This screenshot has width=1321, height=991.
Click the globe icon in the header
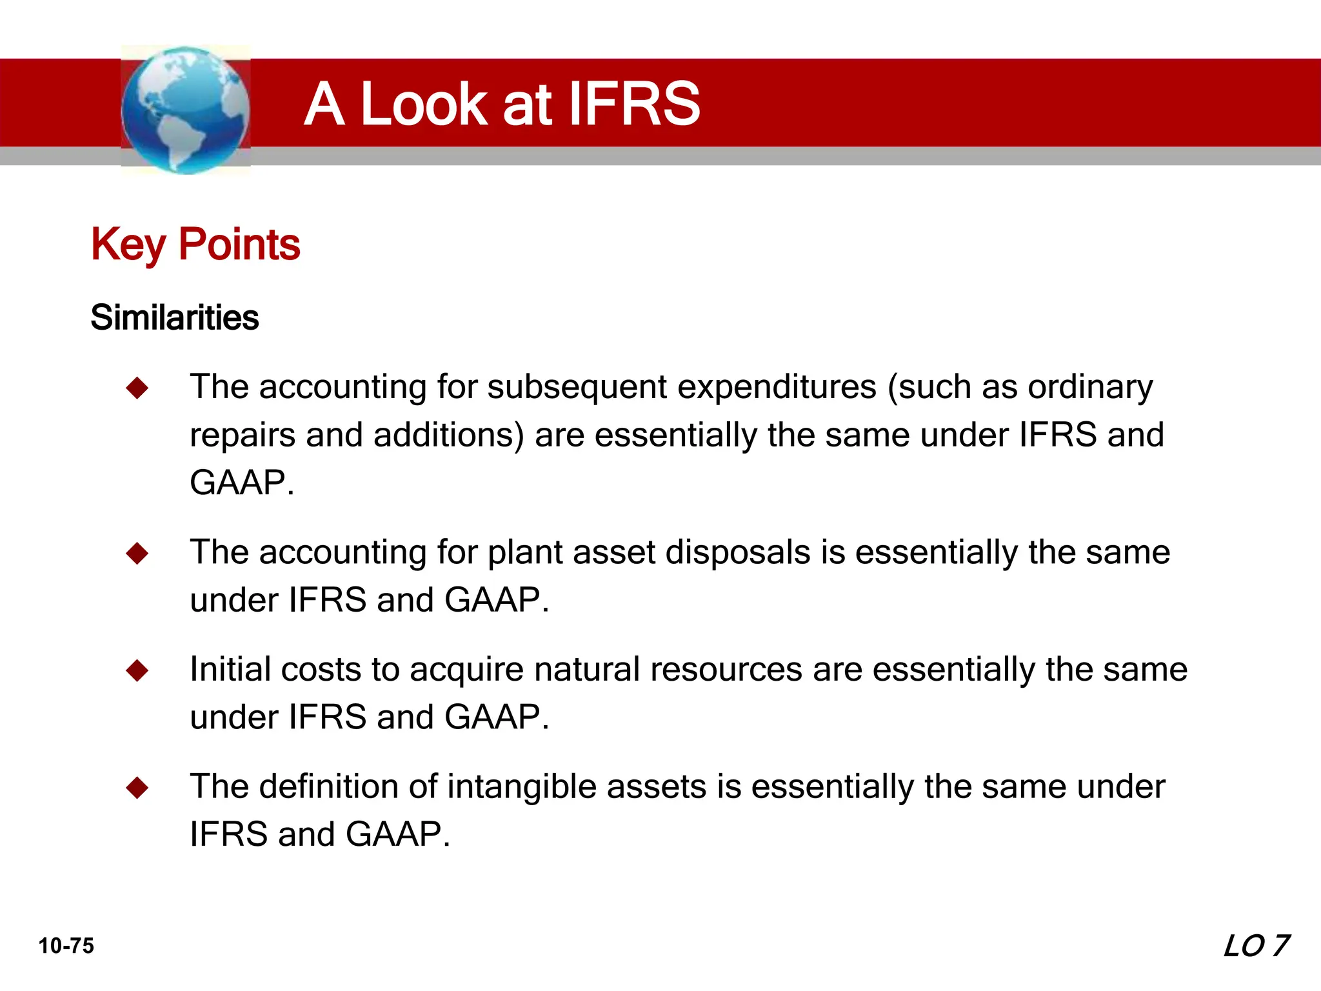click(x=185, y=110)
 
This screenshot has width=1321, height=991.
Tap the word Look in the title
click(x=423, y=104)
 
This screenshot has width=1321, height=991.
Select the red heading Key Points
click(x=195, y=245)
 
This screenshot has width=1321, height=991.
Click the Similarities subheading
click(x=174, y=317)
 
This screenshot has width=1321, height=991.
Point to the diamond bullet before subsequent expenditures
click(x=137, y=388)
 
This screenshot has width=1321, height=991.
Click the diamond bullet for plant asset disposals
click(x=137, y=553)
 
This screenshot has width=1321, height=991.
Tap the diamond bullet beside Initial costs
click(x=137, y=670)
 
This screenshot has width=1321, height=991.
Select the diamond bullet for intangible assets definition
click(x=137, y=787)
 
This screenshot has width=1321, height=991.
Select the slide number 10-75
click(x=66, y=946)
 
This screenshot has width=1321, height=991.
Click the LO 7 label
click(x=1255, y=946)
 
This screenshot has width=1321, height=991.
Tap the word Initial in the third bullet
click(x=230, y=670)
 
